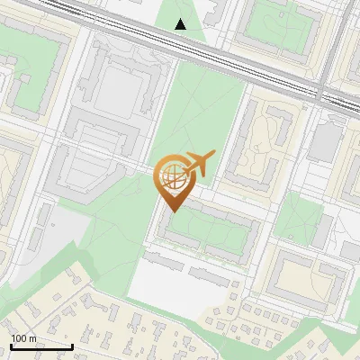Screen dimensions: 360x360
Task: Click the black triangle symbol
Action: point(181,24)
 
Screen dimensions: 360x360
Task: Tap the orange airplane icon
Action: point(199,165)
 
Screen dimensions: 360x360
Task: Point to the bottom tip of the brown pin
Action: point(172,211)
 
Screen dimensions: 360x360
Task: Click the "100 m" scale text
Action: point(23,338)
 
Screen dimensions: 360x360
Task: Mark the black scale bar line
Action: point(41,346)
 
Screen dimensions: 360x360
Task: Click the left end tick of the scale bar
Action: point(11,346)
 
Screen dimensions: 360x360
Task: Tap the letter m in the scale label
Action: point(32,338)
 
